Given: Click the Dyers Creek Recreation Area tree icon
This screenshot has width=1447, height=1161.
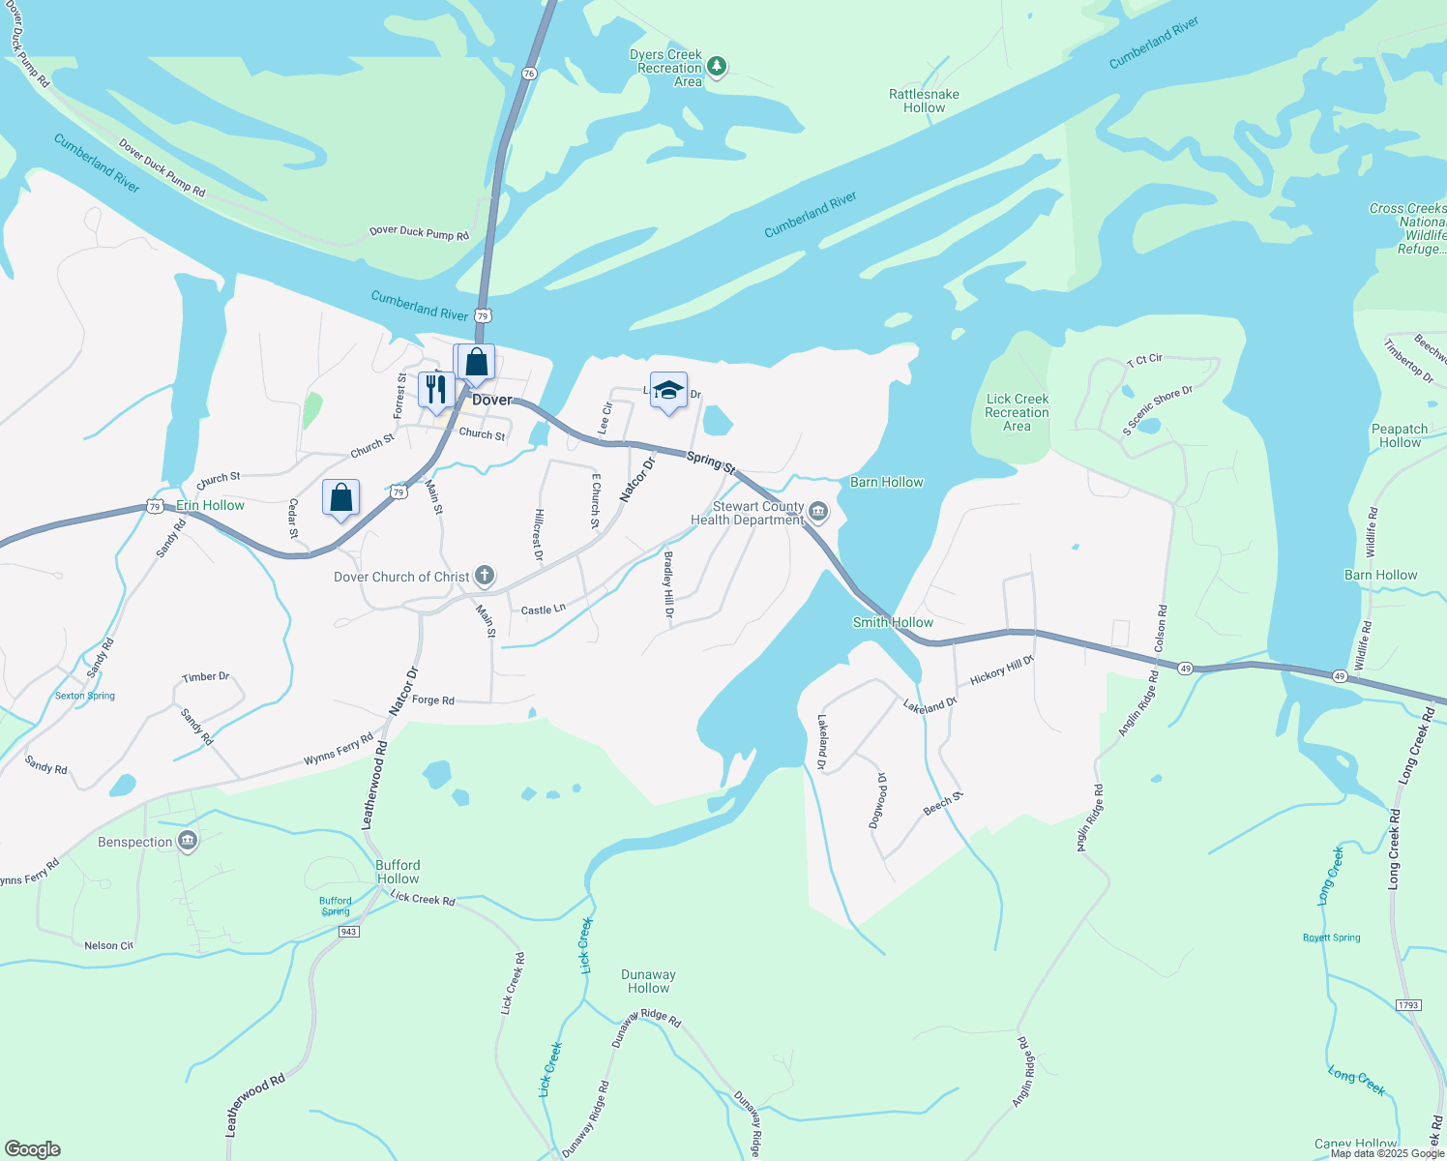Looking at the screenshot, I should pyautogui.click(x=716, y=66).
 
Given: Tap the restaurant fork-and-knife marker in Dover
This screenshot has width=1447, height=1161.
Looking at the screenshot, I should pyautogui.click(x=436, y=389).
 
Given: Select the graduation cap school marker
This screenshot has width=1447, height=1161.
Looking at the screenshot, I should pyautogui.click(x=668, y=390).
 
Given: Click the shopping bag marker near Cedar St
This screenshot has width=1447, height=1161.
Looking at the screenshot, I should pyautogui.click(x=340, y=497).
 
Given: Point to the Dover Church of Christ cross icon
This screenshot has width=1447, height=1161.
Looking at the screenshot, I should pyautogui.click(x=485, y=577).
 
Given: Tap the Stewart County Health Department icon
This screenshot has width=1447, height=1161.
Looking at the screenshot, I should pyautogui.click(x=818, y=510).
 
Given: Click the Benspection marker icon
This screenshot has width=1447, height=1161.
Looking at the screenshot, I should pyautogui.click(x=188, y=842).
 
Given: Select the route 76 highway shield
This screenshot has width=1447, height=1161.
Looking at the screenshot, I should pyautogui.click(x=529, y=74).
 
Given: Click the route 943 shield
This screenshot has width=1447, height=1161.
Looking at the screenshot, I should pyautogui.click(x=349, y=932).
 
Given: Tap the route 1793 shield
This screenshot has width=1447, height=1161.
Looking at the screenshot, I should pyautogui.click(x=1408, y=1005).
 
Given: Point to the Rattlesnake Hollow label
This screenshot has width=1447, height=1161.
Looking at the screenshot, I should pyautogui.click(x=924, y=101).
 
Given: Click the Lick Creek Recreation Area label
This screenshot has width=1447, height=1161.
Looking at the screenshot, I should pyautogui.click(x=1017, y=412).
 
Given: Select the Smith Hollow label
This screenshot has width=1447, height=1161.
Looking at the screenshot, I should pyautogui.click(x=893, y=622).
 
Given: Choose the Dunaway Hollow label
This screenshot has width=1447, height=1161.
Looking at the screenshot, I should pyautogui.click(x=648, y=981).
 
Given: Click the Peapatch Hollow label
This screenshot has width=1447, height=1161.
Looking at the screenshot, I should pyautogui.click(x=1400, y=435).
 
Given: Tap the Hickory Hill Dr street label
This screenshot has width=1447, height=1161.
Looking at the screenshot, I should pyautogui.click(x=1002, y=670).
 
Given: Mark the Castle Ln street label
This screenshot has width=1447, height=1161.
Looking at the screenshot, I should pyautogui.click(x=543, y=610).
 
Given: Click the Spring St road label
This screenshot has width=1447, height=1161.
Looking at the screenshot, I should pyautogui.click(x=711, y=461).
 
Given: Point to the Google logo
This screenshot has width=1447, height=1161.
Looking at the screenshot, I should pyautogui.click(x=33, y=1149).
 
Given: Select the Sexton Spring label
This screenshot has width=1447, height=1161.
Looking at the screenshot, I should pyautogui.click(x=85, y=696).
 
